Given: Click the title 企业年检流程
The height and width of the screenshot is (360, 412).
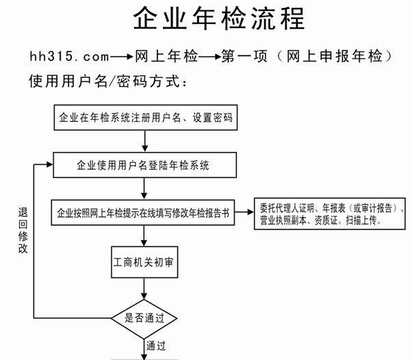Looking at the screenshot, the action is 219,18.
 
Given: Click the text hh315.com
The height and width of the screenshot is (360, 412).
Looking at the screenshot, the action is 69,56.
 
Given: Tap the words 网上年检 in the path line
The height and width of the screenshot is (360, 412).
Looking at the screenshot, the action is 166,56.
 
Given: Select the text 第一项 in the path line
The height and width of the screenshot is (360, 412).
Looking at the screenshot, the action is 244,56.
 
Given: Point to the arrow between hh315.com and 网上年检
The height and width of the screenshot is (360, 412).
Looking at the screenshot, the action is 122,57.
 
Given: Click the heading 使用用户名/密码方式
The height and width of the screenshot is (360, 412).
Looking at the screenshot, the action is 108,81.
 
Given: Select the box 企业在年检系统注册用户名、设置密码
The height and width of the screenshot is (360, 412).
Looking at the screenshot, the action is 146,118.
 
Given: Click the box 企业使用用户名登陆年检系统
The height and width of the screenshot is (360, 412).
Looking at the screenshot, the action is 145,165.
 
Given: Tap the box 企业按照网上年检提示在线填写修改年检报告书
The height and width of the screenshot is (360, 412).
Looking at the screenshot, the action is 142,213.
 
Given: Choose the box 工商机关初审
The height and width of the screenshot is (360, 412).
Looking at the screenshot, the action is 144,262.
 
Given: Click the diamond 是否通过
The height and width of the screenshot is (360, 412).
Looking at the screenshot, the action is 144,318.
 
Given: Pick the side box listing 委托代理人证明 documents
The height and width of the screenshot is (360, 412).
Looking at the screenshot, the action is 330,214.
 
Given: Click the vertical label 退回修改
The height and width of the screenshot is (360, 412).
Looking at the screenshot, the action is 23,230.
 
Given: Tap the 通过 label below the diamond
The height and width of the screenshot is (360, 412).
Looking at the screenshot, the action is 156,346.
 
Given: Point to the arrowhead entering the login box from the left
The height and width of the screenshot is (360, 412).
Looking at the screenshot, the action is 50,164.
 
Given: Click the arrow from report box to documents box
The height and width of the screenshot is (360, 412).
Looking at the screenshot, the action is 244,211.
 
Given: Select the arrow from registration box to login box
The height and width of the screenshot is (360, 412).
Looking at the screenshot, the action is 145,141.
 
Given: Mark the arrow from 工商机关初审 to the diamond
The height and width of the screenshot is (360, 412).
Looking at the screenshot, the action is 144,289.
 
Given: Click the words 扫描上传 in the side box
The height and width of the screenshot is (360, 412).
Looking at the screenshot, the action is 361,220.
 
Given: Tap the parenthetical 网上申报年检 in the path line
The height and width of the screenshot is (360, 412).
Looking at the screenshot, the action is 334,56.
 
